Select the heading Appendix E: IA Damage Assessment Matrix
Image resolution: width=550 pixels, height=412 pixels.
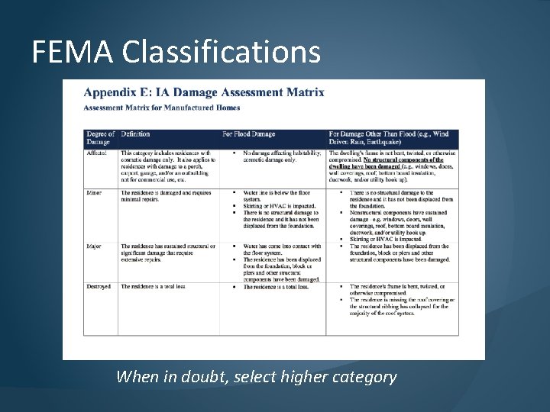203,92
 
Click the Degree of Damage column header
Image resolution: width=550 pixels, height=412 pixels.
100,138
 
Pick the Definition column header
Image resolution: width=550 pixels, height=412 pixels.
136,134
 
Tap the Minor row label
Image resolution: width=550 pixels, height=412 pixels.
95,193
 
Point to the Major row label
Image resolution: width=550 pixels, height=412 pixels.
95,246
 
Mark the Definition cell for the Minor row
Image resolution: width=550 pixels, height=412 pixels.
167,196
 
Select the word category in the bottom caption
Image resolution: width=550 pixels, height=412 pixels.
364,376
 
